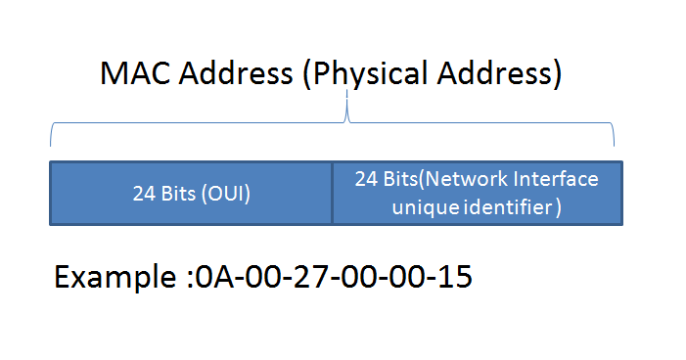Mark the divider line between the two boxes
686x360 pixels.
point(333,193)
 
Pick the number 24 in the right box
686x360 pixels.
point(366,180)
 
